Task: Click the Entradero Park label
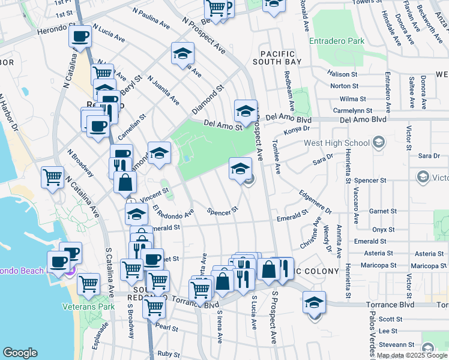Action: tap(337, 41)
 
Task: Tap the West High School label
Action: tap(337, 143)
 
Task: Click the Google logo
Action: tap(20, 353)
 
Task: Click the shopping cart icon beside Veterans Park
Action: tap(89, 284)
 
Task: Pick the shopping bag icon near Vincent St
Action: tap(124, 183)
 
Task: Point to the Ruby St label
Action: tap(168, 354)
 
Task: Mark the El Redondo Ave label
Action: tap(173, 212)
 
